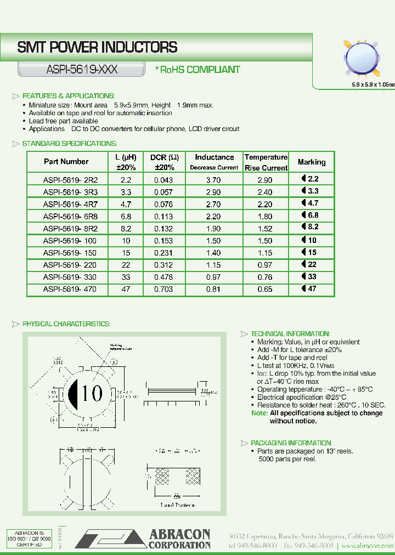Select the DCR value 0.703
[x=163, y=289]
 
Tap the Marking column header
[x=311, y=162]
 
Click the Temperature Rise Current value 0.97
[x=266, y=265]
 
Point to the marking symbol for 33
[x=309, y=276]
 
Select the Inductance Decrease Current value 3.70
[x=213, y=180]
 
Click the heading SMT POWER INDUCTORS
[x=97, y=48]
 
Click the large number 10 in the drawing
[x=92, y=393]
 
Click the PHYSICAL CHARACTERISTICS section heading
[x=66, y=324]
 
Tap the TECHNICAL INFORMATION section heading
[x=290, y=334]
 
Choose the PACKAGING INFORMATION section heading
[x=291, y=443]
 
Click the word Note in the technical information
[x=259, y=413]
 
